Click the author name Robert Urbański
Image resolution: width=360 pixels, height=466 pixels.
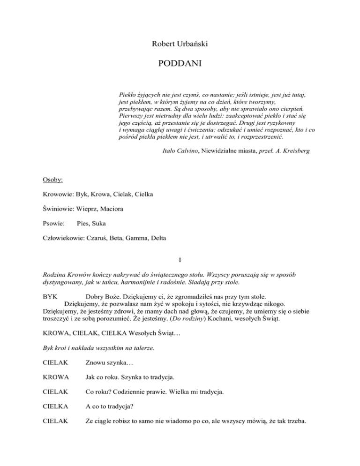click(x=180, y=45)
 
